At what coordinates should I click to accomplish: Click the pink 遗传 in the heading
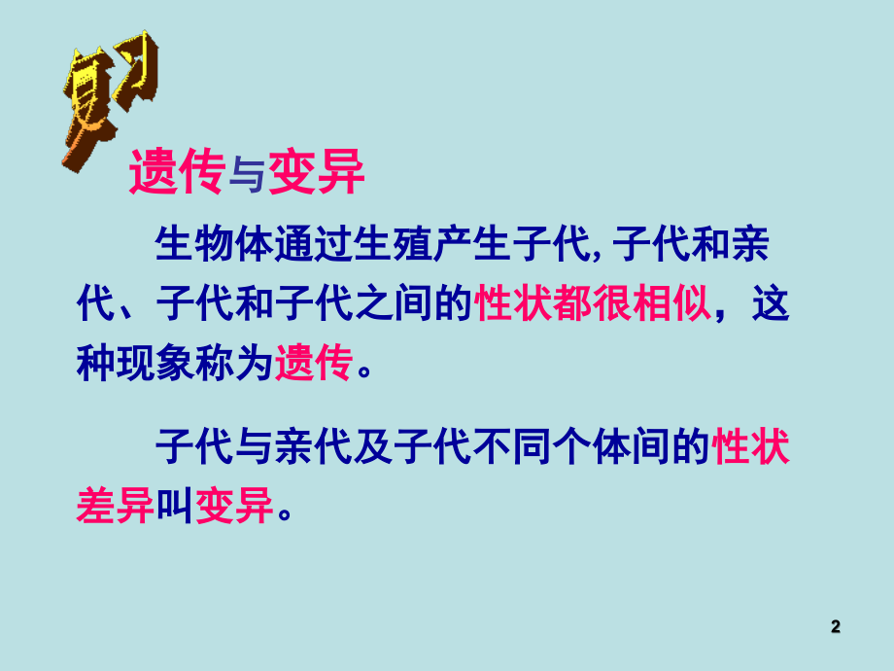tap(169, 175)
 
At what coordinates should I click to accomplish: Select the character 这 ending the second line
tap(771, 305)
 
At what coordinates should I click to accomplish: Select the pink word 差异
tap(115, 508)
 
